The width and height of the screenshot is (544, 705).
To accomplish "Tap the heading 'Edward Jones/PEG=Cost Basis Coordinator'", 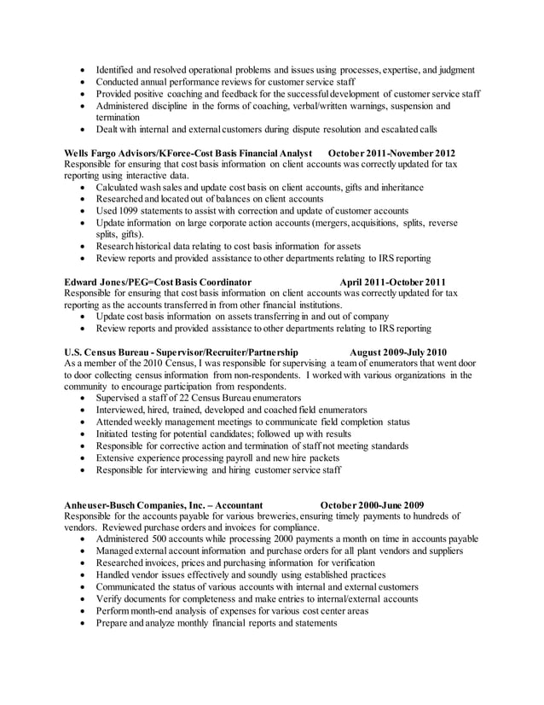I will (158, 281).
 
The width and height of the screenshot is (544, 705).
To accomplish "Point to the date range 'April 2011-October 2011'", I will (393, 281).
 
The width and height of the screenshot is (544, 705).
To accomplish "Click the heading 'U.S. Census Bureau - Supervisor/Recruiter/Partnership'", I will (182, 351).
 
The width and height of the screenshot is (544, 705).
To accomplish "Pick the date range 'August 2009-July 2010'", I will (398, 351).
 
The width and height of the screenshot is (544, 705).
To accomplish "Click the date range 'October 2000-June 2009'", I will (366, 504).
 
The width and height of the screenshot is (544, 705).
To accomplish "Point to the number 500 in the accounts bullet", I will (170, 539).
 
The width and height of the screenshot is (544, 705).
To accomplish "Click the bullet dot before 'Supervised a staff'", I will (81, 398).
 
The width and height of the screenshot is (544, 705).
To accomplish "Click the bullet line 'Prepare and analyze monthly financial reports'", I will (217, 623).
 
